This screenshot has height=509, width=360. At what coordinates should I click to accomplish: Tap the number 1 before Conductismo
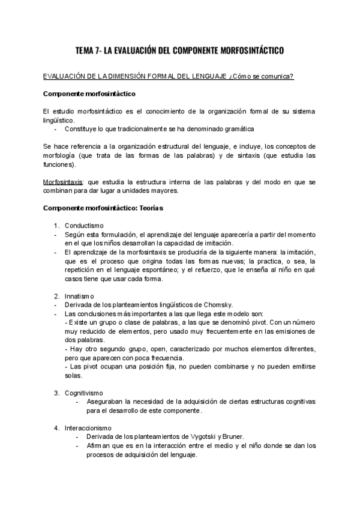(x=56, y=225)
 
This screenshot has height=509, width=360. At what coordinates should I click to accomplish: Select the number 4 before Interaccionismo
(x=56, y=427)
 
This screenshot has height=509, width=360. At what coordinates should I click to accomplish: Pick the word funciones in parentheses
(x=59, y=164)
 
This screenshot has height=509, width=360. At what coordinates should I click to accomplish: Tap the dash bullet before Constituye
(x=56, y=128)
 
